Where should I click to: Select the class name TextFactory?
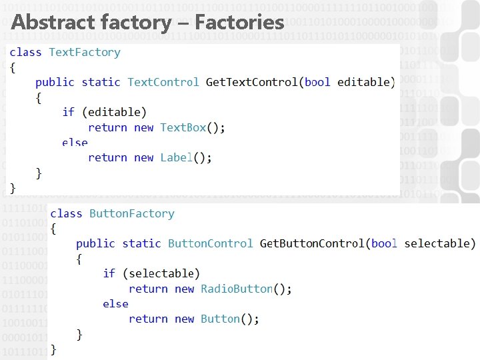pos(85,52)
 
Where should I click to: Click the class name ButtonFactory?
pos(131,213)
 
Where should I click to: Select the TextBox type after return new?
pos(183,127)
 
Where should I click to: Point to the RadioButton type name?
pos(237,289)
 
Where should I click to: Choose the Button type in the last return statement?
pos(220,319)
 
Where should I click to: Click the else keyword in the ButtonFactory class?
pos(115,303)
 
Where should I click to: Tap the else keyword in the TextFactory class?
pos(75,142)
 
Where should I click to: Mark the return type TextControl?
pos(163,82)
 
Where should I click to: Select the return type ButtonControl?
pos(210,243)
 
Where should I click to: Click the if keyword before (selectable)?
pos(109,273)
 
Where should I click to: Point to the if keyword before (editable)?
pos(68,112)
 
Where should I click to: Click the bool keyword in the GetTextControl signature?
pos(317,82)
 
